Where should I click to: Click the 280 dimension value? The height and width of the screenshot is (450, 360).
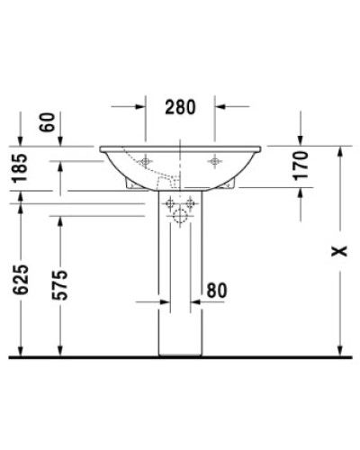(x=181, y=108)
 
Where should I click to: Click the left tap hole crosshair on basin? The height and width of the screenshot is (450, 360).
(x=145, y=161)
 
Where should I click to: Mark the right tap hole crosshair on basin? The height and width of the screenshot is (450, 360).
(x=214, y=161)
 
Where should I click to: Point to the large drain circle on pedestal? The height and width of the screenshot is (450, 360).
(x=179, y=216)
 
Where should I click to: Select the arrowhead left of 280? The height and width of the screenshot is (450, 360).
(x=140, y=106)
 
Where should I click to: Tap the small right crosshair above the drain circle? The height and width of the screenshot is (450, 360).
(x=191, y=202)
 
